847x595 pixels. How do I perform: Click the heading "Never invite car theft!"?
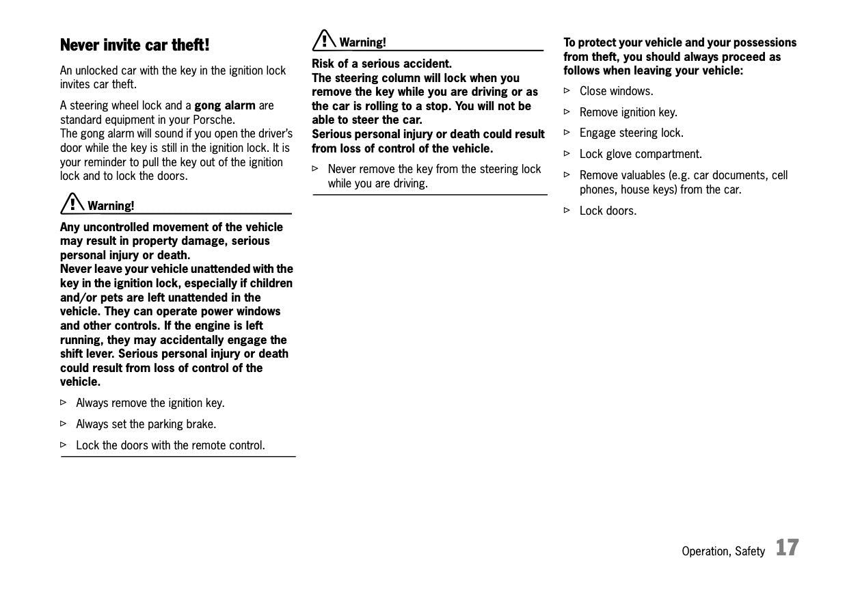tap(135, 45)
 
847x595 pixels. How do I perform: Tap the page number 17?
tap(787, 548)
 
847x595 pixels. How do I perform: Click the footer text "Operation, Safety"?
tap(723, 551)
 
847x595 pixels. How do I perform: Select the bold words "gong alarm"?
tap(225, 105)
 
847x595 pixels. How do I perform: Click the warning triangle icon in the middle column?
tap(323, 40)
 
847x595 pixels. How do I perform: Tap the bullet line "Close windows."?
tap(616, 91)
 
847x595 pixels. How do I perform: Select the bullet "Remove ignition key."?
tap(628, 112)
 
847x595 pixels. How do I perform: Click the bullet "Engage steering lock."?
tap(631, 133)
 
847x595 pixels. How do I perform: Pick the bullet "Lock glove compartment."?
tap(641, 154)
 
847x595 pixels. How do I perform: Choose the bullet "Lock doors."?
tap(608, 211)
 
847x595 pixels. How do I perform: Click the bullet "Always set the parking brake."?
tap(146, 424)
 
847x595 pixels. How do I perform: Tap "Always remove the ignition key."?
tap(150, 403)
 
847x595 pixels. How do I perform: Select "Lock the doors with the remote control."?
tap(170, 445)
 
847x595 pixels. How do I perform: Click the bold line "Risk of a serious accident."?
tap(381, 64)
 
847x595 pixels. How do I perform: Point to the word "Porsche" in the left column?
tap(214, 120)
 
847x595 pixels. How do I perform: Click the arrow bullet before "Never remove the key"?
tap(316, 168)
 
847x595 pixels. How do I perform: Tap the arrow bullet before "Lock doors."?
tap(567, 210)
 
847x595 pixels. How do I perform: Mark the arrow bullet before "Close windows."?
tap(567, 90)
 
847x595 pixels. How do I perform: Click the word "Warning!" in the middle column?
tap(362, 42)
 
